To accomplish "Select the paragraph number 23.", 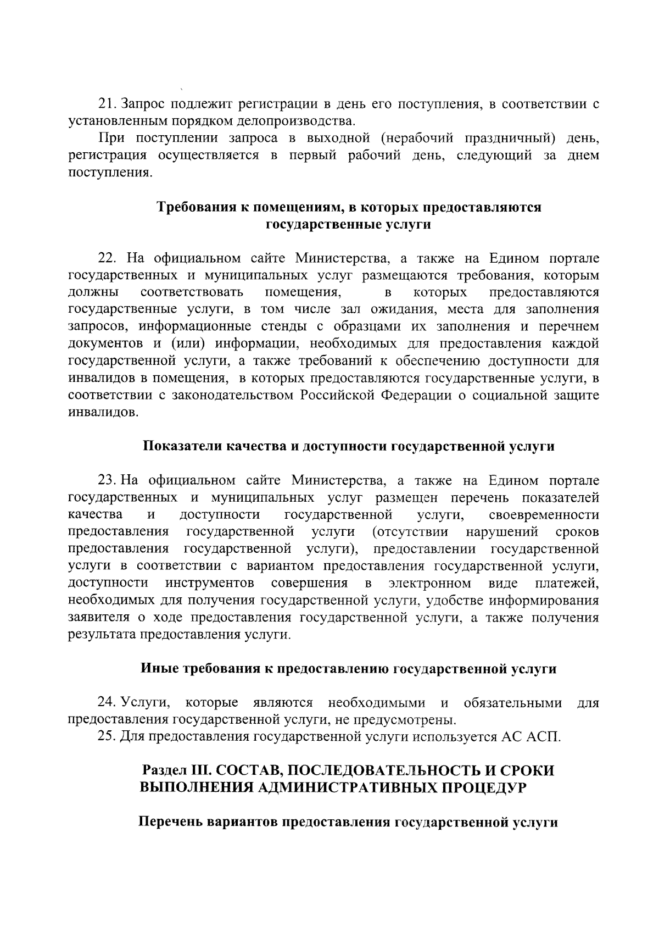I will click(x=107, y=481).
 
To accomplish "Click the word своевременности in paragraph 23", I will click(x=543, y=515).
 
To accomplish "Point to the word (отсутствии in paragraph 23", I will click(x=410, y=532).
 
